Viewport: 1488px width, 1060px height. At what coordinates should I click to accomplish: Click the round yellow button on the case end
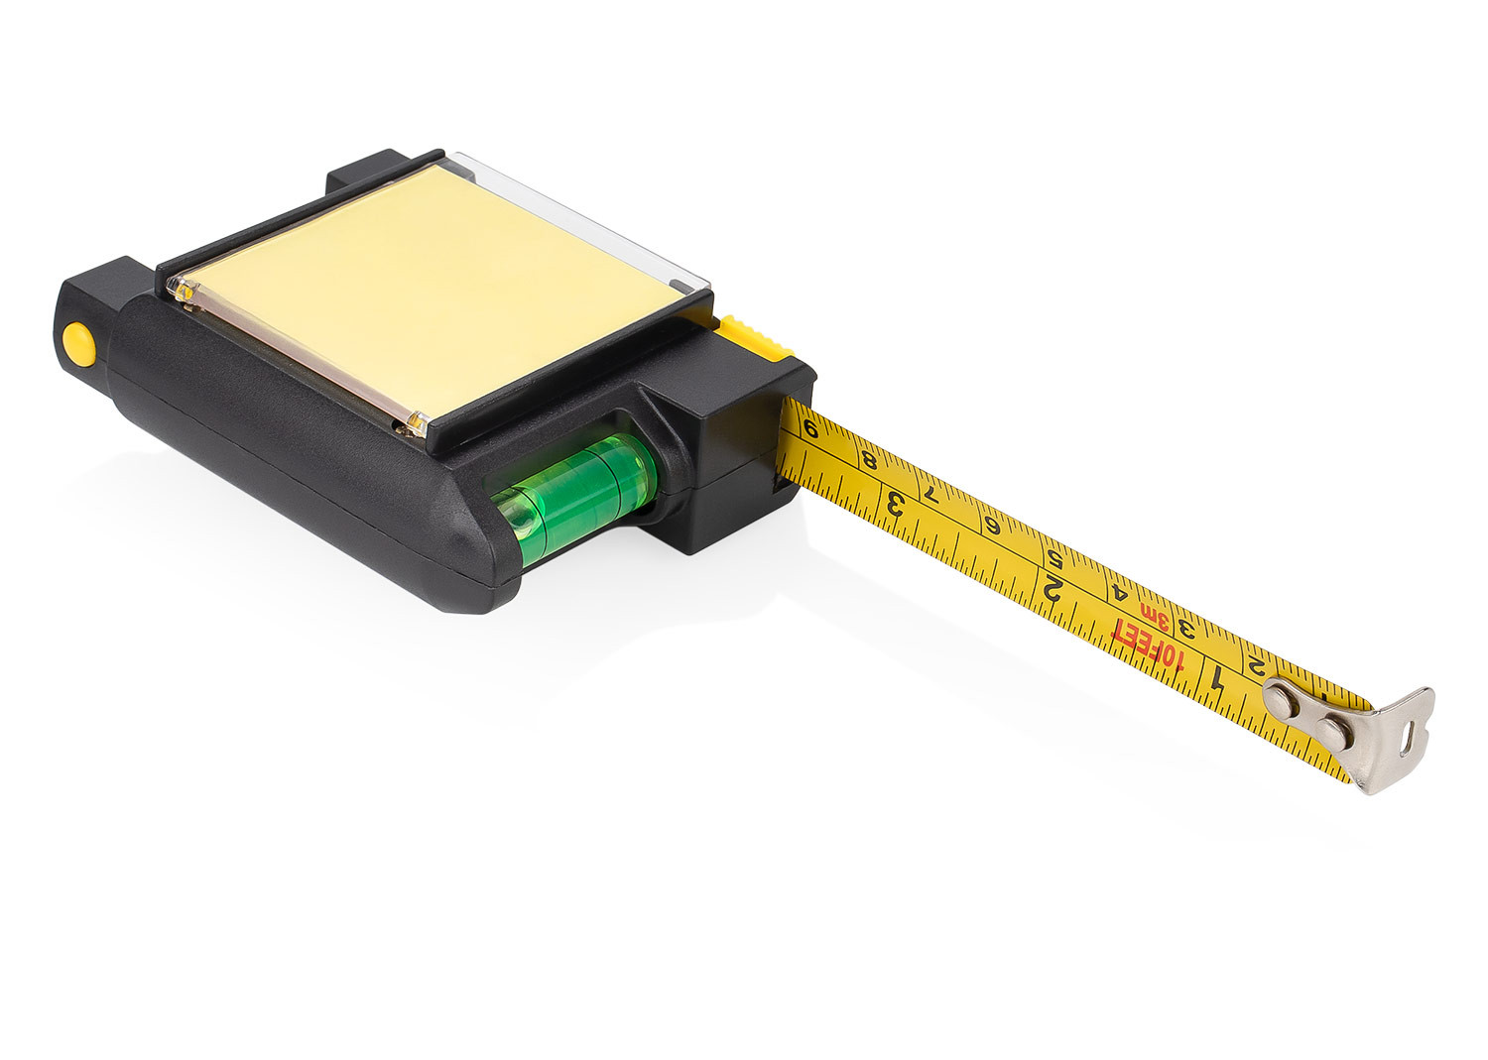(x=77, y=343)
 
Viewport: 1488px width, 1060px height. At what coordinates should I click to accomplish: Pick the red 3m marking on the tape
(x=1157, y=616)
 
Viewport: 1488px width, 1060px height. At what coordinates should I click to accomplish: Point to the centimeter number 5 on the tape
(x=1053, y=556)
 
